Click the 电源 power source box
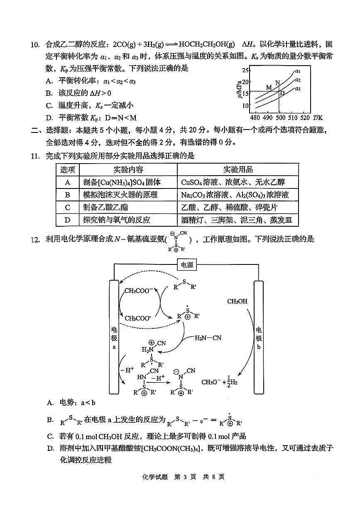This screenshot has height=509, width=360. pyautogui.click(x=186, y=265)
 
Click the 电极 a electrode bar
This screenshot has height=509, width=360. pyautogui.click(x=114, y=337)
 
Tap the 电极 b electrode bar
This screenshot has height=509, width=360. pyautogui.click(x=259, y=337)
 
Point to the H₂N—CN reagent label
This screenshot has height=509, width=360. pyautogui.click(x=208, y=338)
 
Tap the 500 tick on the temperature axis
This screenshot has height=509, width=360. pyautogui.click(x=281, y=117)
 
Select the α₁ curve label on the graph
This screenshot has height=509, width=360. pyautogui.click(x=297, y=71)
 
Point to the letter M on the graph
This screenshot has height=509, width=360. pyautogui.click(x=269, y=87)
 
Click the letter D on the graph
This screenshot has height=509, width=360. pyautogui.click(x=282, y=93)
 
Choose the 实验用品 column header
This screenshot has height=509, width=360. pyautogui.click(x=238, y=169)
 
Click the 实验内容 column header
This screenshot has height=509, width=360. pyautogui.click(x=128, y=169)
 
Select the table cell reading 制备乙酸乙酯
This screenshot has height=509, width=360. pyautogui.click(x=106, y=207)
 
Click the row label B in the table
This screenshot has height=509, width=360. pyautogui.click(x=68, y=195)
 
